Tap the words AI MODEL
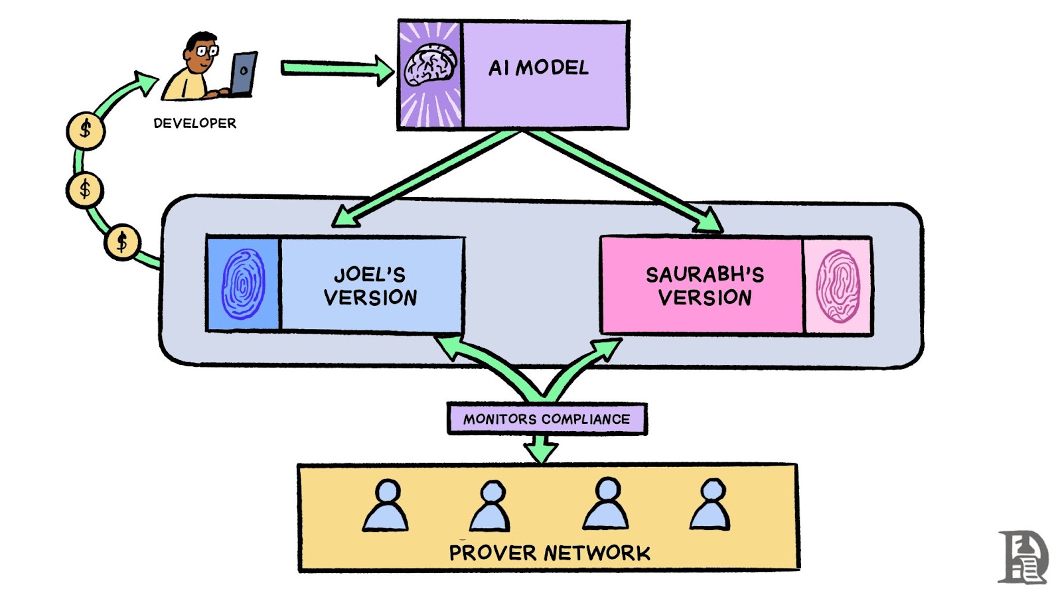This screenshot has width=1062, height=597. click(x=538, y=68)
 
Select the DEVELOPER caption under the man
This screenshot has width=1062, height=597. click(x=194, y=123)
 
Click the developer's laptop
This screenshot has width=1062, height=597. click(x=243, y=74)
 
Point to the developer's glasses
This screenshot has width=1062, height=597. click(x=206, y=50)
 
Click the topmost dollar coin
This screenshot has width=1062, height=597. click(x=86, y=130)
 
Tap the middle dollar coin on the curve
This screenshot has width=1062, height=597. click(x=85, y=190)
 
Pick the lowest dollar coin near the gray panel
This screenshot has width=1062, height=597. click(x=122, y=242)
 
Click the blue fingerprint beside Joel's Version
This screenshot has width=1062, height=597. click(x=243, y=284)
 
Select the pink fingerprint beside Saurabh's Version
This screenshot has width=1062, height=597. click(x=838, y=286)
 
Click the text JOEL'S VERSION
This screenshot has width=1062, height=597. click(x=370, y=286)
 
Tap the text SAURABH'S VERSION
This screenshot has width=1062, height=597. click(x=704, y=286)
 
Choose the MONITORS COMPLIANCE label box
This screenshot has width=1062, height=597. click(x=546, y=419)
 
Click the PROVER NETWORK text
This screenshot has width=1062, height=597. click(x=550, y=553)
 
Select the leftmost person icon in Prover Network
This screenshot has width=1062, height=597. click(x=386, y=506)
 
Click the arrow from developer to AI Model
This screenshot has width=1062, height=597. click(x=332, y=68)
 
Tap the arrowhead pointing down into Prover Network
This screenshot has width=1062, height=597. click(x=542, y=451)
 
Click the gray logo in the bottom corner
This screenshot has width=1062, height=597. click(x=1023, y=557)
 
